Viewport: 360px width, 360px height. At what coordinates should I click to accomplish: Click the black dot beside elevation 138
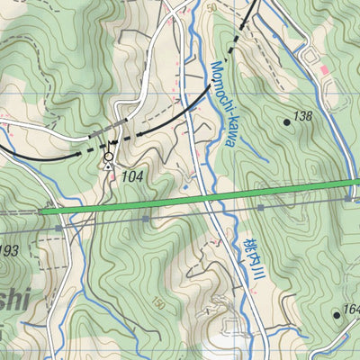[287, 121]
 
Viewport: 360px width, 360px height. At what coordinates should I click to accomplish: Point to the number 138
[302, 116]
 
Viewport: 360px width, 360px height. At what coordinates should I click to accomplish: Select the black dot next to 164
[337, 315]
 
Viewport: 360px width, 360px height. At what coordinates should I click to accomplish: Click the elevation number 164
[351, 310]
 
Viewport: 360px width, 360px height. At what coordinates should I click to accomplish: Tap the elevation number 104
[132, 177]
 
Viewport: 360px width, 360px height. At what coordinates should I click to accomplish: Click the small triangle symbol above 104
[109, 166]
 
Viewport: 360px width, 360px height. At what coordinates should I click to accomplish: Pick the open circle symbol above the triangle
[109, 156]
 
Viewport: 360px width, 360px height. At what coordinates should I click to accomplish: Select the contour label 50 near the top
[211, 7]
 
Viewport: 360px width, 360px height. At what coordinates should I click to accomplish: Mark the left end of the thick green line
[41, 211]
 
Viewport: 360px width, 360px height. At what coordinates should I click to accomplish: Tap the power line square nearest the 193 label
[58, 228]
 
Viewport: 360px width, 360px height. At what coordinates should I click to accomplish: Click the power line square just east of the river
[260, 209]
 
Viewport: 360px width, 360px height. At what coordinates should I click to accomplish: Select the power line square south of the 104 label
[144, 219]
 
